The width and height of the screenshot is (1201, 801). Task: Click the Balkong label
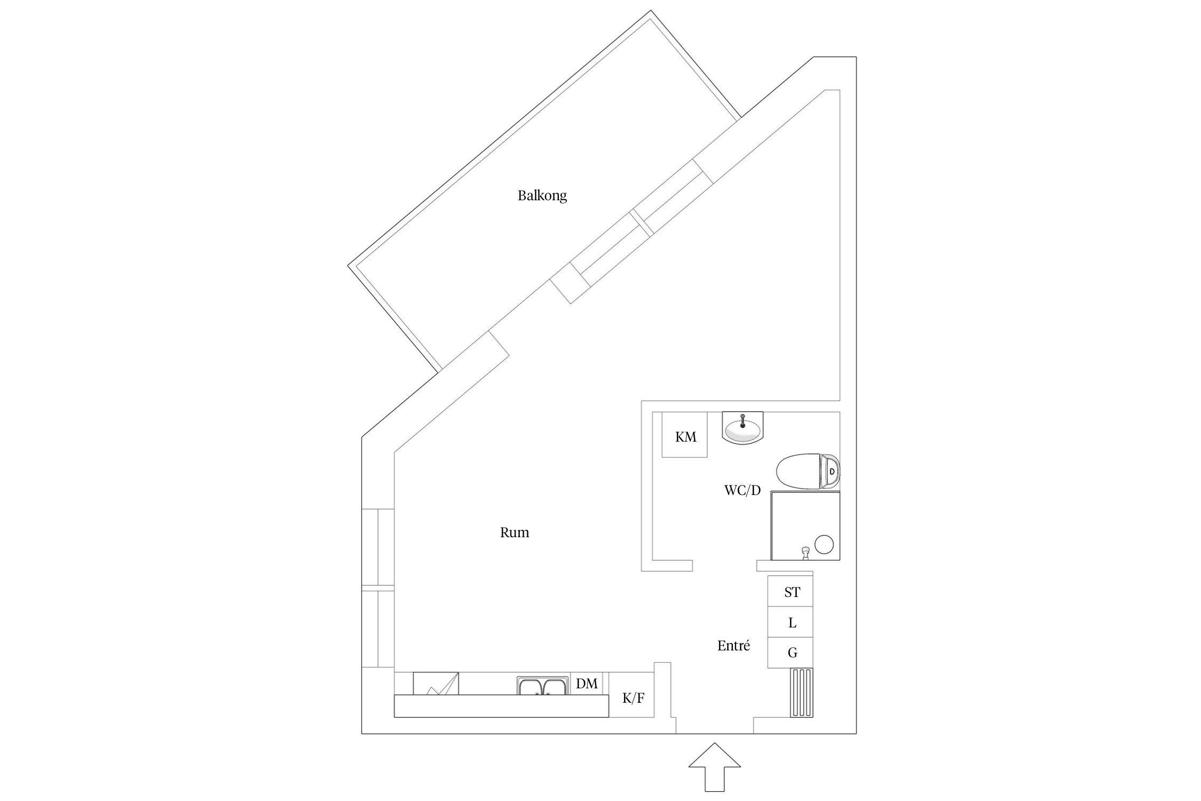point(542,195)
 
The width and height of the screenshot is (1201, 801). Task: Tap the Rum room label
point(514,532)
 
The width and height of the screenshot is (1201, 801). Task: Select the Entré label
point(733,646)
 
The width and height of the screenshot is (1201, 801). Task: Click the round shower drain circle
point(824,544)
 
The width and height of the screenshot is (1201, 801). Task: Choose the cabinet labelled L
point(791,622)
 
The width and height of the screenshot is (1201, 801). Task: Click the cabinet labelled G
point(791,653)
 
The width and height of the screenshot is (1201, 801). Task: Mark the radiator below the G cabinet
point(802,693)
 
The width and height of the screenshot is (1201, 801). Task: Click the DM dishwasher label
point(587,684)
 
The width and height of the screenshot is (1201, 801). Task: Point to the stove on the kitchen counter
point(436,684)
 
